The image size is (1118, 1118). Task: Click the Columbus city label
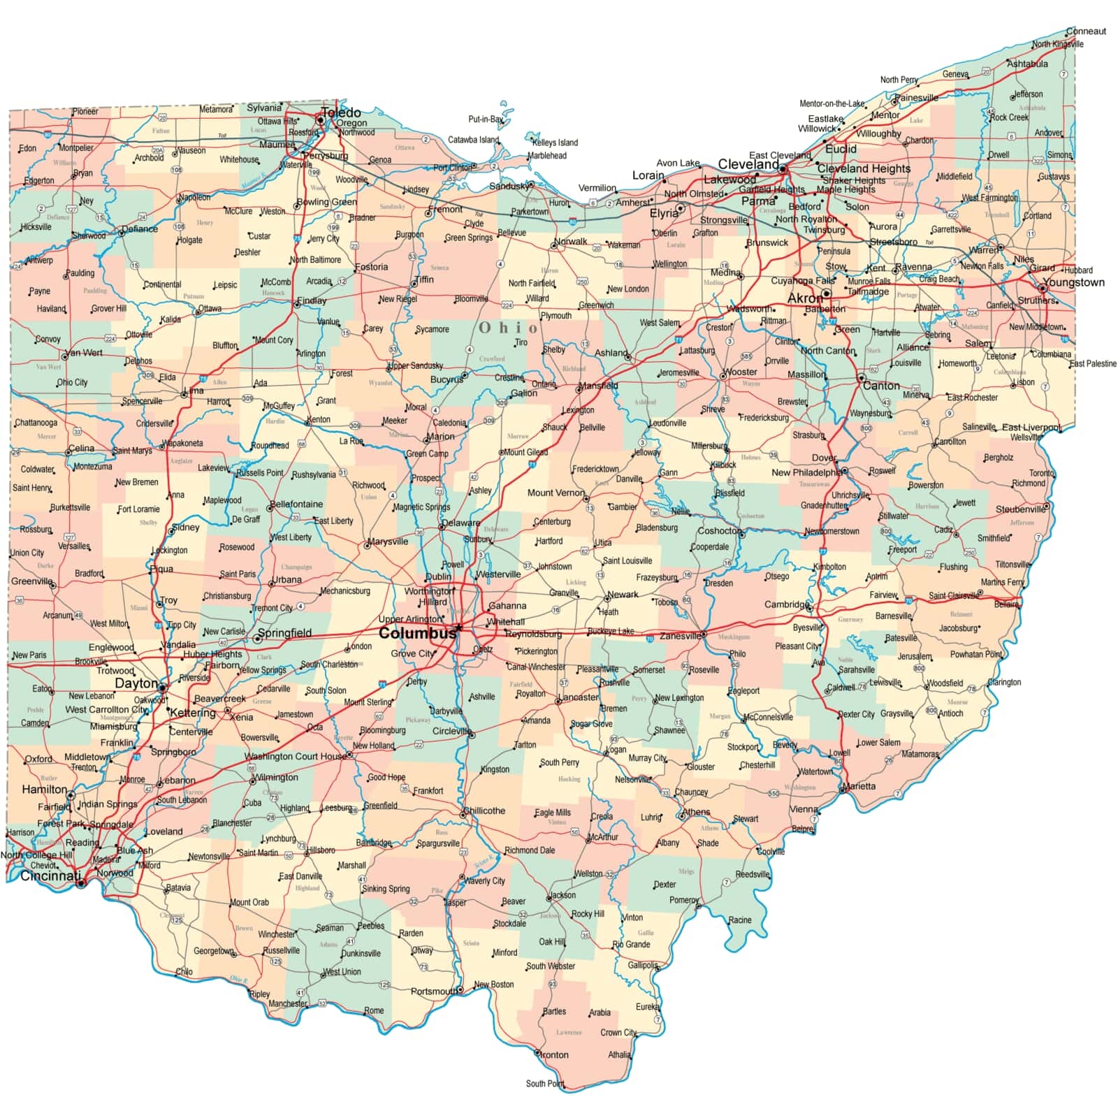coord(416,634)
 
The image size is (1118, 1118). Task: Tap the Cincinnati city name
coord(50,876)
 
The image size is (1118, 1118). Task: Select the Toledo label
coord(341,112)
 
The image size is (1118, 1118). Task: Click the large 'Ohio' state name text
coord(509,328)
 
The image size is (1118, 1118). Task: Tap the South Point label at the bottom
coord(545,1084)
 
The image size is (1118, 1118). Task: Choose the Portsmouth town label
coord(434,991)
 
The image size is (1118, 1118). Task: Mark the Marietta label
coord(859,786)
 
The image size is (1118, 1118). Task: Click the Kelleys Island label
coord(556,143)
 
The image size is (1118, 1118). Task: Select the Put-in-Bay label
coord(486,119)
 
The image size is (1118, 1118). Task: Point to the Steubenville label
coord(1020,509)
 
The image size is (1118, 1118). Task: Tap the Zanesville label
coord(680,636)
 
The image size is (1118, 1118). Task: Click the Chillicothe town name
coord(484,811)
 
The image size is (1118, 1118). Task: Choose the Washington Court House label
coord(295,756)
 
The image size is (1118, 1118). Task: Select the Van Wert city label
coord(83,353)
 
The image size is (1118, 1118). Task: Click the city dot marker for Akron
coord(826,293)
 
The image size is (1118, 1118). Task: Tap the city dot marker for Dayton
coord(162,688)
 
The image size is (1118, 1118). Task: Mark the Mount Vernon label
coord(556,493)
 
